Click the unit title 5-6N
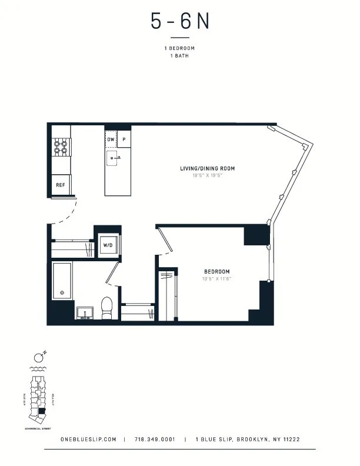pyautogui.click(x=179, y=22)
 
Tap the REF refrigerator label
pyautogui.click(x=60, y=185)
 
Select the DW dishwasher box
pyautogui.click(x=111, y=139)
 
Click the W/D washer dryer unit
pyautogui.click(x=108, y=245)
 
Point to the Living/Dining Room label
pyautogui.click(x=207, y=169)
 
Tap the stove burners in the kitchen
pyautogui.click(x=61, y=147)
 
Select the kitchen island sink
pyautogui.click(x=115, y=157)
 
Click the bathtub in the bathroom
pyautogui.click(x=62, y=281)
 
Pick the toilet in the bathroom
pyautogui.click(x=106, y=308)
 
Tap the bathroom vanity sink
pyautogui.click(x=85, y=312)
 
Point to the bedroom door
pyautogui.click(x=164, y=241)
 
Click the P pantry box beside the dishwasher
pyautogui.click(x=124, y=139)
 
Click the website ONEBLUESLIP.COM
pyautogui.click(x=88, y=439)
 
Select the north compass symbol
pyautogui.click(x=39, y=357)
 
